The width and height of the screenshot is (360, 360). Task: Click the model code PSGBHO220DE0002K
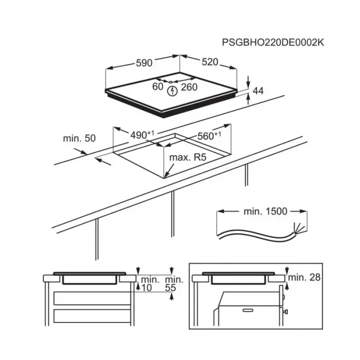tap(273, 43)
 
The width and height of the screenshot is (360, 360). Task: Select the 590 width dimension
tap(144, 63)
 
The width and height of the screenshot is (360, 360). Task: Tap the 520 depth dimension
tap(210, 62)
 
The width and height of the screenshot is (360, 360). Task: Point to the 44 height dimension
tap(258, 91)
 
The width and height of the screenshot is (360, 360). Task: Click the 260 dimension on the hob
tap(189, 87)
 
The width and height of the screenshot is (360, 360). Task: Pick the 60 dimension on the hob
tap(158, 86)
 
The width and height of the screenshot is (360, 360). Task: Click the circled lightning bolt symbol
tap(172, 91)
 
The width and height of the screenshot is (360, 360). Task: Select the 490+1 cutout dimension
tap(142, 135)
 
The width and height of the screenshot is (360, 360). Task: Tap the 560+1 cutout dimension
tap(209, 136)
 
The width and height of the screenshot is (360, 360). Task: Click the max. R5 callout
tap(188, 157)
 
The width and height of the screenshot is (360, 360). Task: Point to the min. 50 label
tap(79, 138)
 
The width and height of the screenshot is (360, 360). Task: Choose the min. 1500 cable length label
tap(265, 211)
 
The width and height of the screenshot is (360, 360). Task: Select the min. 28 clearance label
tap(304, 277)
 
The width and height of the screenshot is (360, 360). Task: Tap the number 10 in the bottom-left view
tap(146, 287)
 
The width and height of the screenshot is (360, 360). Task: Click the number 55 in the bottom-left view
tap(170, 287)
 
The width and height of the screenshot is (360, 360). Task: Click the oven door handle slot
tap(248, 310)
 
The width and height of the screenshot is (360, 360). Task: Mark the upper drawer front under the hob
tap(92, 298)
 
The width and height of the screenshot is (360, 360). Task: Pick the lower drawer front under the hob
tap(92, 316)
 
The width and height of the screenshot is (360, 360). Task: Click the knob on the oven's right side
tap(286, 312)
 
